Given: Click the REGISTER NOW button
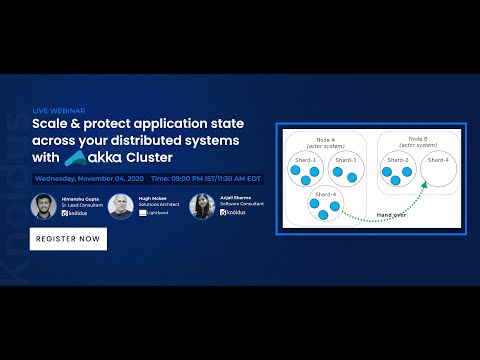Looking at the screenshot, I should [x=68, y=239].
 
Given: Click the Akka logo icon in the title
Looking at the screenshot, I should [x=76, y=157].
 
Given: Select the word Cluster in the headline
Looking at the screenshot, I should [x=147, y=157].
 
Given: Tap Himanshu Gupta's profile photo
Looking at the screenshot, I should [x=42, y=206].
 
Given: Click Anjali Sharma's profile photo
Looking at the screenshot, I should [x=200, y=205].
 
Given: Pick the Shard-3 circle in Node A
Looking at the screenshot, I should [x=345, y=171].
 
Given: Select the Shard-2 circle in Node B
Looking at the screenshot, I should [x=399, y=171].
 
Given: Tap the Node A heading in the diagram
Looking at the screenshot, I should [x=325, y=139].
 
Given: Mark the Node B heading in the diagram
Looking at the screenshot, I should [x=419, y=139].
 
